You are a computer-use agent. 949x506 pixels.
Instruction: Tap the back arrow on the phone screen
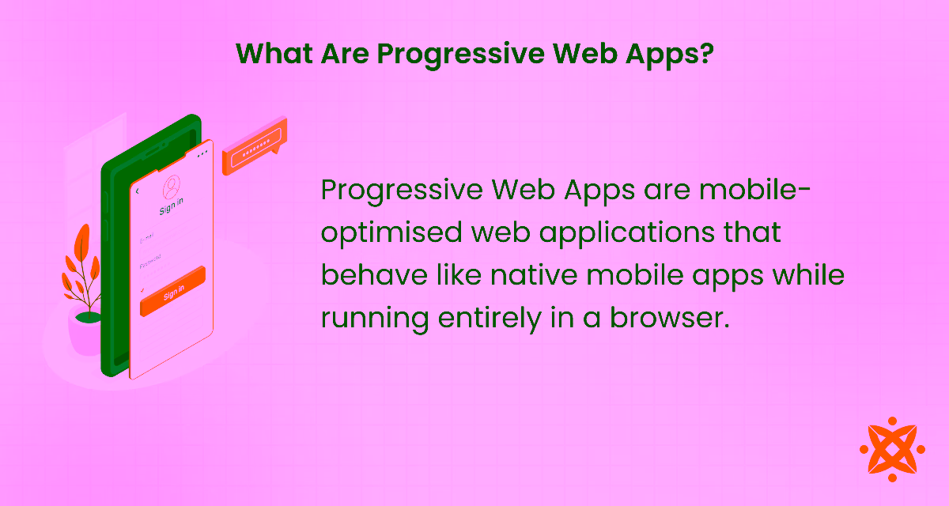[137, 191]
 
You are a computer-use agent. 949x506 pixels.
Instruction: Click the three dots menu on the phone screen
[203, 153]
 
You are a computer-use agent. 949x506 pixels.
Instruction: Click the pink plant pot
[85, 331]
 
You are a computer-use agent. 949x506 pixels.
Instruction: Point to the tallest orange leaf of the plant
[80, 246]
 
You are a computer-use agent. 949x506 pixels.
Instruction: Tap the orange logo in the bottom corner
[892, 448]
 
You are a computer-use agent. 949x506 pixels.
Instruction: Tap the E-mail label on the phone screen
[147, 238]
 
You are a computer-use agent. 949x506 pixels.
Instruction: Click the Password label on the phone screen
[150, 262]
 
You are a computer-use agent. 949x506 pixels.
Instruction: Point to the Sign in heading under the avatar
[172, 211]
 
